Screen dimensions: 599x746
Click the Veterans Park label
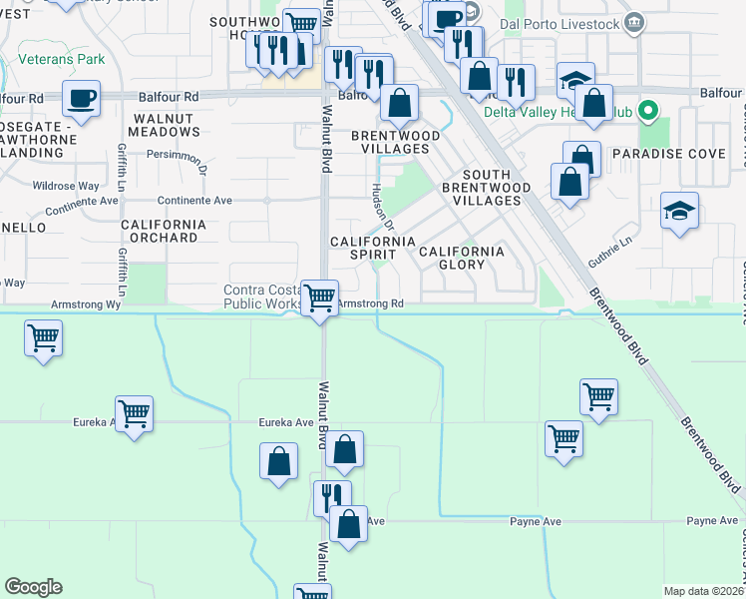click(x=62, y=60)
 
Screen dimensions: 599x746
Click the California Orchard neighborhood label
click(x=163, y=232)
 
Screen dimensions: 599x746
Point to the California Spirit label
click(x=372, y=249)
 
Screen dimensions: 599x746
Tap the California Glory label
click(x=461, y=258)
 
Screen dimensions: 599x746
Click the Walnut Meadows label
click(x=162, y=125)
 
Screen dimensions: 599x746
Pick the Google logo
click(x=33, y=587)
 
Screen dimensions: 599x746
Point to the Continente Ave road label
click(x=195, y=201)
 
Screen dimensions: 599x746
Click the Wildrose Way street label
click(x=66, y=186)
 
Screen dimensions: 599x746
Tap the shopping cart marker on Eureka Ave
click(x=133, y=412)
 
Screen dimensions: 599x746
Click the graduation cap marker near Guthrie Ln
click(x=679, y=212)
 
